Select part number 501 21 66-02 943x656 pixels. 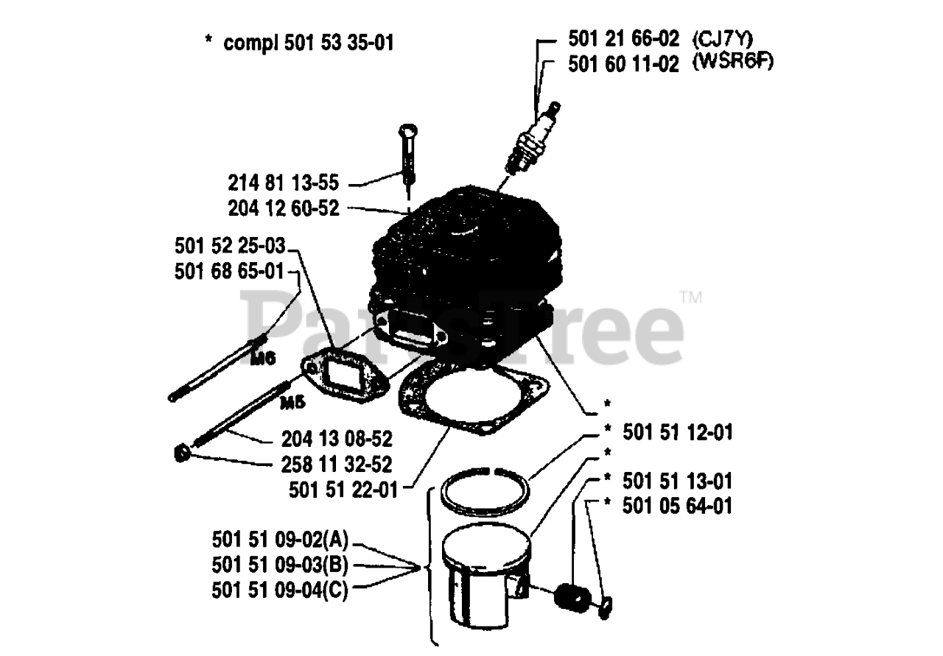623,39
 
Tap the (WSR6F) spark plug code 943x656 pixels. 733,63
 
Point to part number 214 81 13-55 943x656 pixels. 284,183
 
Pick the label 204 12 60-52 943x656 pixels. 284,208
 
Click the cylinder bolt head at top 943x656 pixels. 408,130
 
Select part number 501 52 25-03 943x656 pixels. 230,246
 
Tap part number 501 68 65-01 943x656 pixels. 229,272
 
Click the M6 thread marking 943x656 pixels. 263,359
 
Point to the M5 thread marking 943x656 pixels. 292,403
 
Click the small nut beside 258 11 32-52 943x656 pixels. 182,454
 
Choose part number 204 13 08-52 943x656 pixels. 337,440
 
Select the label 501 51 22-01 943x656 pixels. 343,490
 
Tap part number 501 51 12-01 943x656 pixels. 678,432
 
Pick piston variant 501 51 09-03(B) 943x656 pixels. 280,565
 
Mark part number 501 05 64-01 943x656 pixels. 677,506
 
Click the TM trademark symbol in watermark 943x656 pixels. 691,297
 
